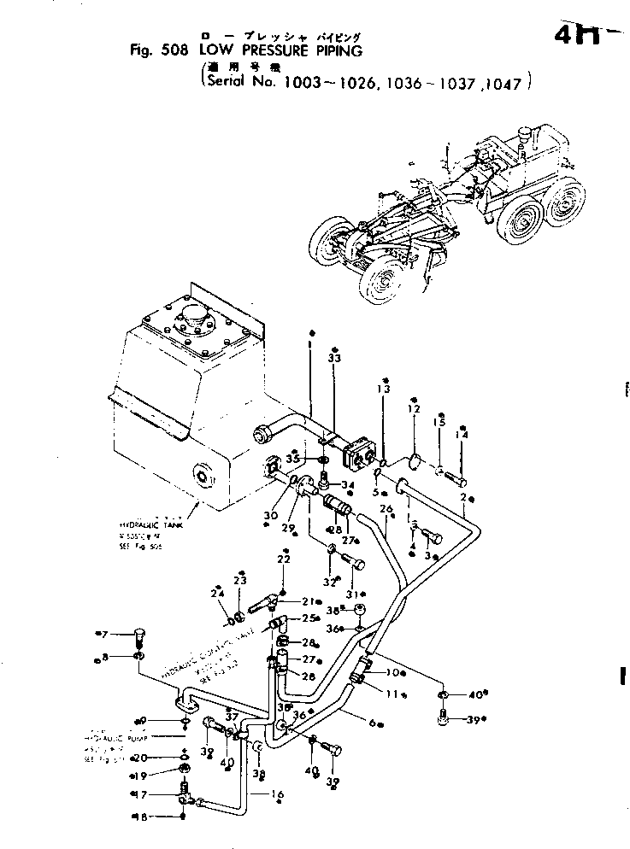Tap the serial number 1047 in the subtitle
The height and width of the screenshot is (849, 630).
(x=509, y=85)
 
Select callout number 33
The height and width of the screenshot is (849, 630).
(x=334, y=360)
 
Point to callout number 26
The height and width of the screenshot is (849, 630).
(x=386, y=510)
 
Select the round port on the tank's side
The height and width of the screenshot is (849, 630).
(x=203, y=476)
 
